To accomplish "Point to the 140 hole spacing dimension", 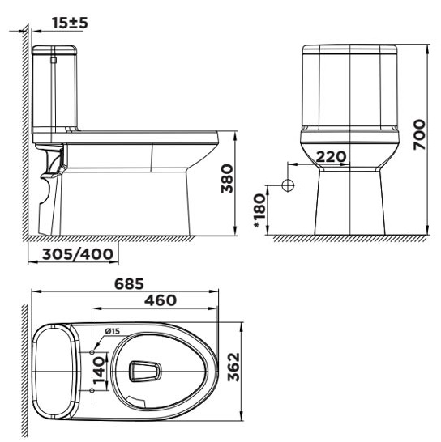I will [97, 371].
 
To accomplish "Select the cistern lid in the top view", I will [54, 372].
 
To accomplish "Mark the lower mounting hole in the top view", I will [92, 392].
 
